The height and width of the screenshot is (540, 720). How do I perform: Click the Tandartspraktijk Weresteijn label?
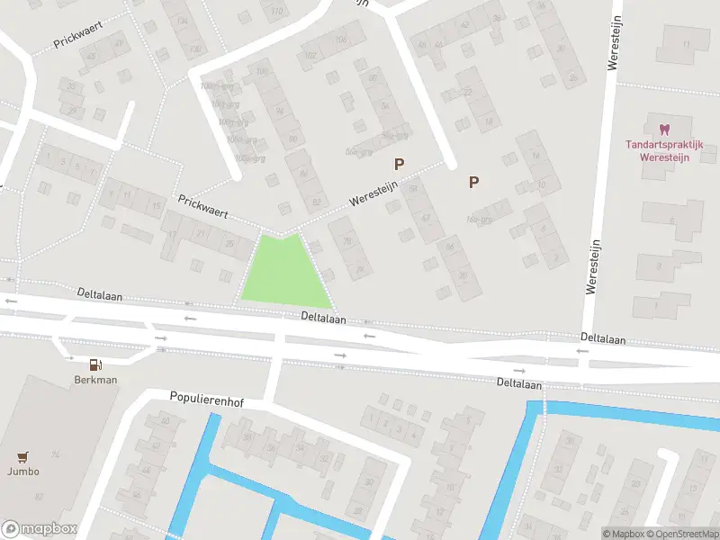(664, 149)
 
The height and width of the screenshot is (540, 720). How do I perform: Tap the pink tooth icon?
(665, 130)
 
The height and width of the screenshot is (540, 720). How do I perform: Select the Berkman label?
(95, 380)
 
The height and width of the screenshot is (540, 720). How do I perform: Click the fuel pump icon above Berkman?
(95, 364)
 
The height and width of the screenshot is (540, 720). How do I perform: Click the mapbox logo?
(39, 529)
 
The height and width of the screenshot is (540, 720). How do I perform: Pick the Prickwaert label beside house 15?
(202, 208)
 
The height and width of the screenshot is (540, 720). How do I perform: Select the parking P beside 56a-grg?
(398, 164)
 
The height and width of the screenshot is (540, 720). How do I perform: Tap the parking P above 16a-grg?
(473, 182)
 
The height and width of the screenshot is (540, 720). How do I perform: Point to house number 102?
(310, 55)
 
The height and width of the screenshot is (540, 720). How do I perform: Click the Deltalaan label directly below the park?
(324, 317)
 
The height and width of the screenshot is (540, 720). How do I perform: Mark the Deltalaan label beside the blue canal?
(519, 383)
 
